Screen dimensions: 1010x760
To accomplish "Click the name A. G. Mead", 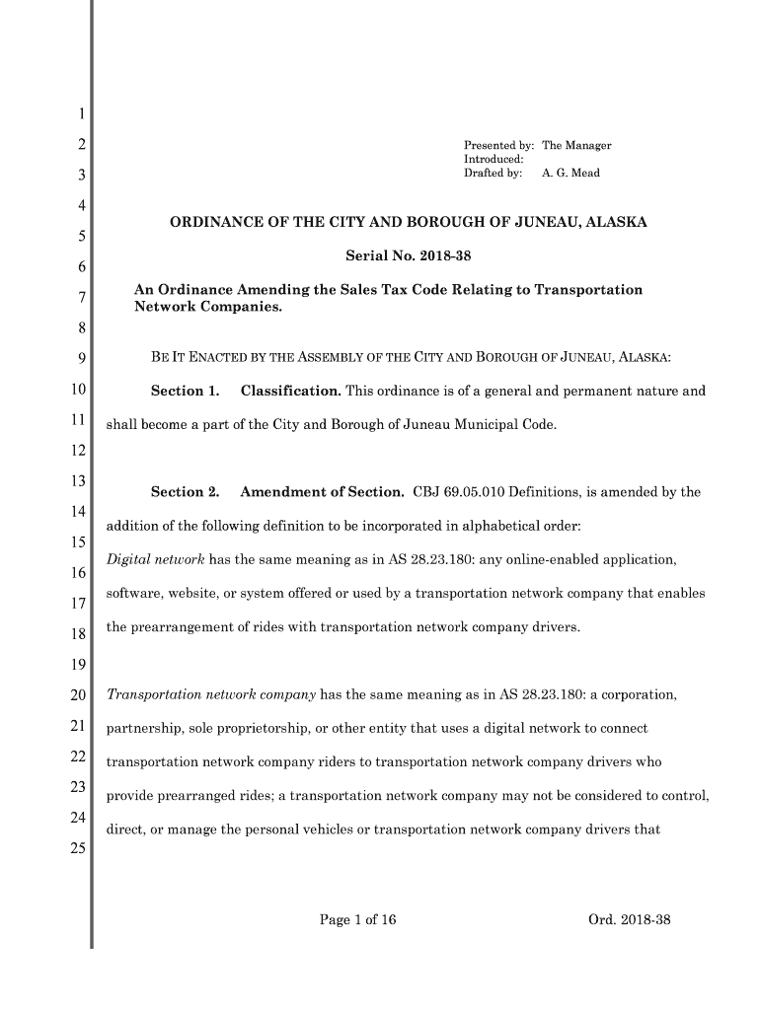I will [x=570, y=174].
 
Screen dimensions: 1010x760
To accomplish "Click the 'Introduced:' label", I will [x=494, y=160].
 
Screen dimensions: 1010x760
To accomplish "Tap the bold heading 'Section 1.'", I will [x=185, y=392].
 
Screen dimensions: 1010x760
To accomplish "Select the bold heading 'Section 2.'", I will [x=185, y=492].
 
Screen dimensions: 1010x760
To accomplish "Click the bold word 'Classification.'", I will [x=291, y=392].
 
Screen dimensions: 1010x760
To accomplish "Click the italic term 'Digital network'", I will [x=155, y=561].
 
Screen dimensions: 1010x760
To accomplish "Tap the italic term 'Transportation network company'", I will [x=210, y=695].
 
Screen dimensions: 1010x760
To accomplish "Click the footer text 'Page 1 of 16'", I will [x=357, y=920].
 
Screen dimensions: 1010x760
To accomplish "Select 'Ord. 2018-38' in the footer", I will [x=629, y=920].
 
